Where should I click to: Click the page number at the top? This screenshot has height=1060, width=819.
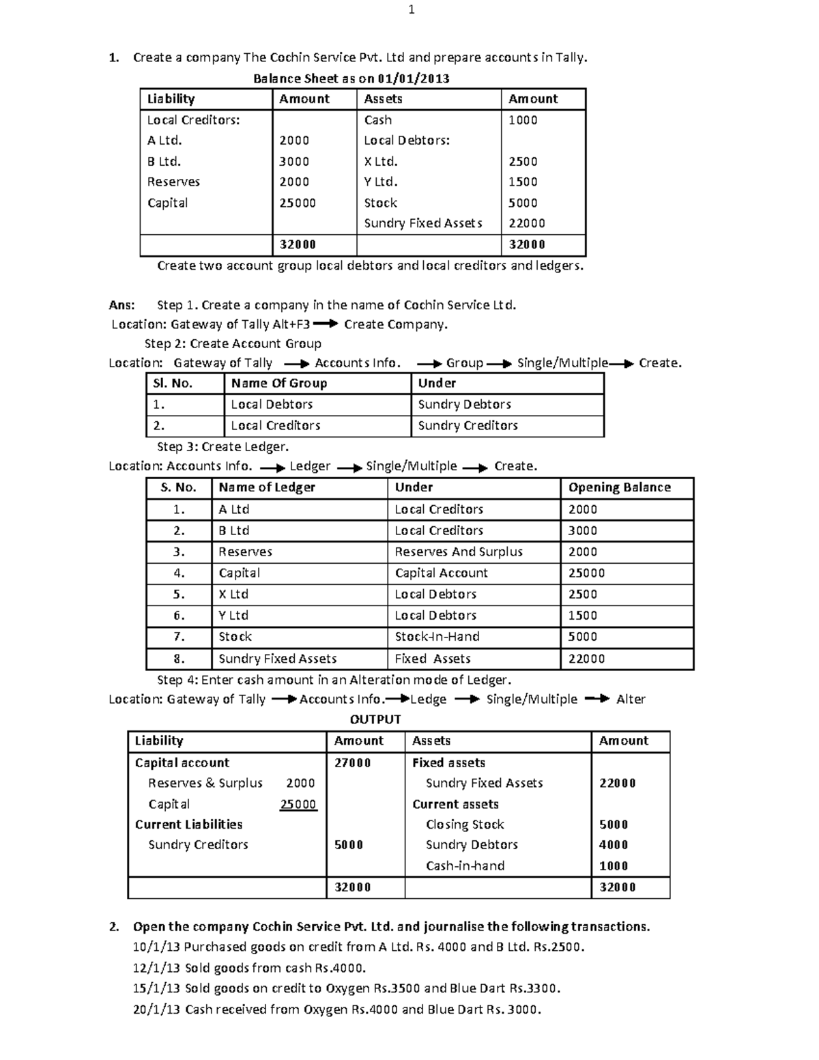pyautogui.click(x=411, y=10)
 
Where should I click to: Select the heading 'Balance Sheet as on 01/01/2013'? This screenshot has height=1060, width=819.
pyautogui.click(x=351, y=78)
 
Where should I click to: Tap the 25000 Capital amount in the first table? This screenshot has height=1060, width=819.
pyautogui.click(x=297, y=203)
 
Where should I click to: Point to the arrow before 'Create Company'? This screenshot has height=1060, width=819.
pyautogui.click(x=325, y=324)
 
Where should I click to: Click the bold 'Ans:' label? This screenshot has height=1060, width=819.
pyautogui.click(x=121, y=305)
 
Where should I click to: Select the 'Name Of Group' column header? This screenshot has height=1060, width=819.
pyautogui.click(x=278, y=383)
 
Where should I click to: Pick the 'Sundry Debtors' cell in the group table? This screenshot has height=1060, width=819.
pyautogui.click(x=464, y=404)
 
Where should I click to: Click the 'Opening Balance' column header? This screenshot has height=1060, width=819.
pyautogui.click(x=619, y=487)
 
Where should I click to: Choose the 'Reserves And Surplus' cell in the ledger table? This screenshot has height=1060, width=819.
pyautogui.click(x=458, y=552)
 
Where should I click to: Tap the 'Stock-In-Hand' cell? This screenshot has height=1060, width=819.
pyautogui.click(x=437, y=636)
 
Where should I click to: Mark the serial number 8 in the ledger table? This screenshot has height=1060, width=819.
pyautogui.click(x=179, y=659)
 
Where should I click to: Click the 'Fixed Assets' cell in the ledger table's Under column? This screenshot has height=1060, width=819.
pyautogui.click(x=432, y=659)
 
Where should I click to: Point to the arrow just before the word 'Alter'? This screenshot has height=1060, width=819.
pyautogui.click(x=597, y=699)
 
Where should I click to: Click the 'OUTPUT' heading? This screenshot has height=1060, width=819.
pyautogui.click(x=375, y=719)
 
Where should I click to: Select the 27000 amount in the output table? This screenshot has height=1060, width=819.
pyautogui.click(x=352, y=762)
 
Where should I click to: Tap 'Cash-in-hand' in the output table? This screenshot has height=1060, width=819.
pyautogui.click(x=465, y=865)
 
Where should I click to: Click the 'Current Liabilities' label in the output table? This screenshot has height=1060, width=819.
pyautogui.click(x=188, y=824)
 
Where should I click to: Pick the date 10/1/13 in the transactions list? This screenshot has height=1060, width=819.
pyautogui.click(x=156, y=947)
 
